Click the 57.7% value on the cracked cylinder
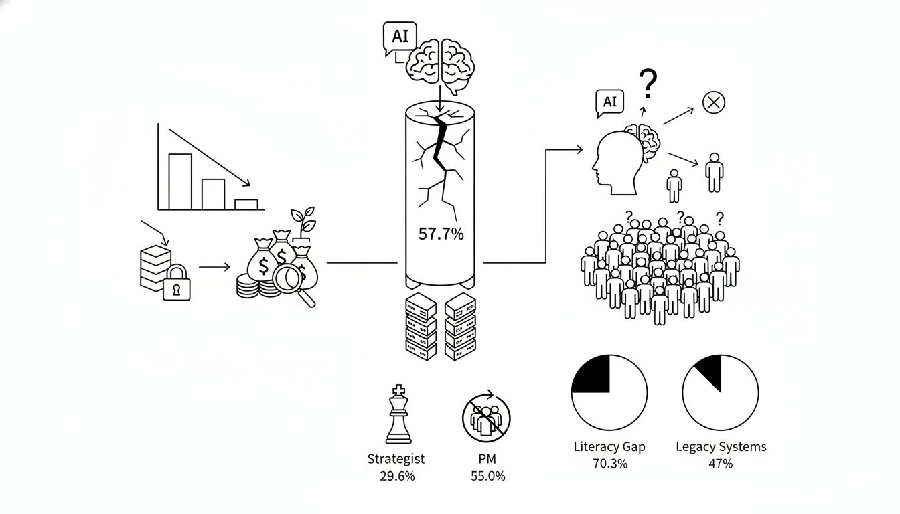click(441, 234)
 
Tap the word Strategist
click(396, 459)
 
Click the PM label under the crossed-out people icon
click(487, 459)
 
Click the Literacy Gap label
click(609, 446)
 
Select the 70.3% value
click(609, 463)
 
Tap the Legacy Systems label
click(721, 446)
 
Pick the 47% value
click(721, 463)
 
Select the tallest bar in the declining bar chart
click(180, 181)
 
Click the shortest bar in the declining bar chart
click(246, 205)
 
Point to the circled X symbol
click(714, 102)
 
